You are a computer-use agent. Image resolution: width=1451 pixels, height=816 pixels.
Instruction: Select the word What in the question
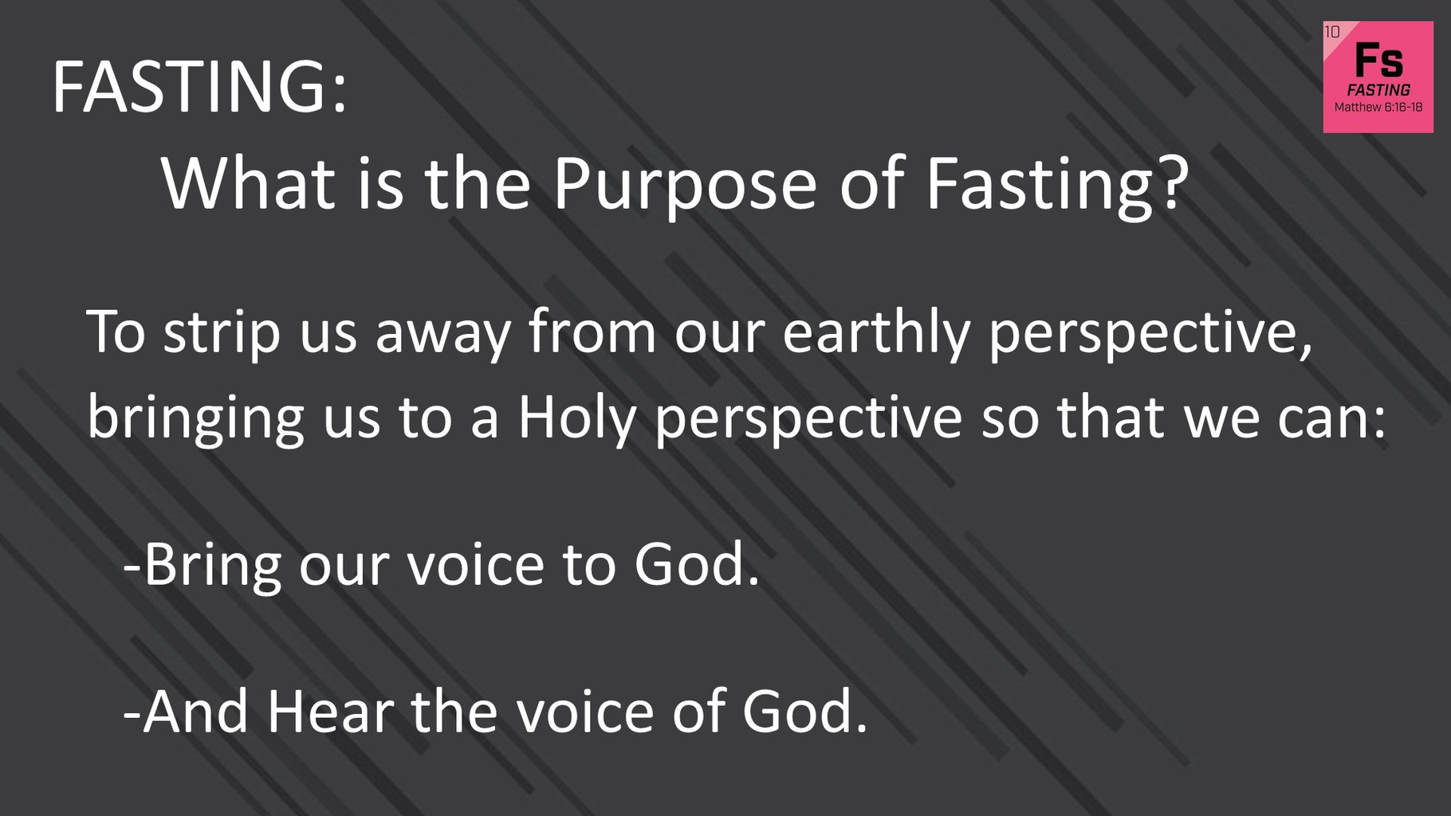[x=248, y=183]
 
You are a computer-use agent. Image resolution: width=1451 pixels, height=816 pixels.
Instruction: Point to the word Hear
[x=330, y=711]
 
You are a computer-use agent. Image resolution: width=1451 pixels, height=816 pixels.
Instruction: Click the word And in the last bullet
[x=195, y=711]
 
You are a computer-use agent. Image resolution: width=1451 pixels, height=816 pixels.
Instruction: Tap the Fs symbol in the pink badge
[x=1378, y=60]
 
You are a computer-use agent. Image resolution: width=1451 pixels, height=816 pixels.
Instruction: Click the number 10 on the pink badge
[x=1332, y=32]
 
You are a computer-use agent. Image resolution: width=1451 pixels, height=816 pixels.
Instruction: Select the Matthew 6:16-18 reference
[x=1378, y=108]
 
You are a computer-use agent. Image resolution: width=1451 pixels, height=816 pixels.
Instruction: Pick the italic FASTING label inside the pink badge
[x=1378, y=90]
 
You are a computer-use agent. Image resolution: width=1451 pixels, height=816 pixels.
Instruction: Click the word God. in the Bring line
[x=698, y=565]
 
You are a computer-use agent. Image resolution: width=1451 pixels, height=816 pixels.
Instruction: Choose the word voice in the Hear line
[x=585, y=711]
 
